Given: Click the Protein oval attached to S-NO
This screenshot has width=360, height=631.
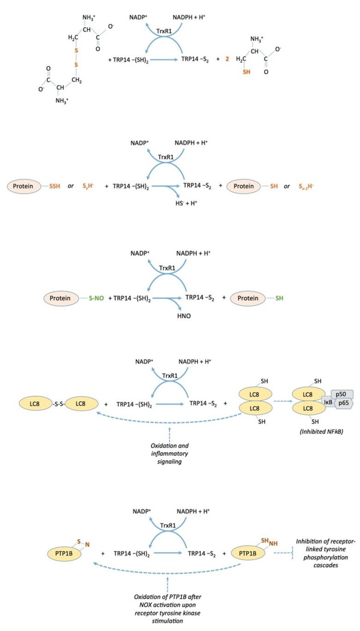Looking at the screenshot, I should coord(61,298).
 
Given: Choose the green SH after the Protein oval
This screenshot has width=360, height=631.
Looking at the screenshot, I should coord(279,298).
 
